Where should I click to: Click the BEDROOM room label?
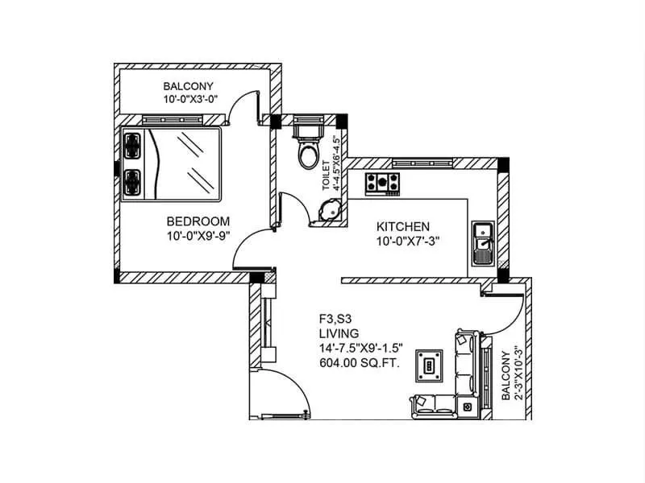198,221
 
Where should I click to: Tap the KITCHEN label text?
402,226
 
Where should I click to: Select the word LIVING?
338,332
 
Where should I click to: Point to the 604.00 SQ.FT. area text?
360,363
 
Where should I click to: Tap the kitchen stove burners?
383,183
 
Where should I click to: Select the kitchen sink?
483,244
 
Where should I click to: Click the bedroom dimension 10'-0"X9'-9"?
198,237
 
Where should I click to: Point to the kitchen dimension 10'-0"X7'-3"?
407,242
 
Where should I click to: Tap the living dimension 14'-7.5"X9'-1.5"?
360,348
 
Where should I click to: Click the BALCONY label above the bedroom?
189,86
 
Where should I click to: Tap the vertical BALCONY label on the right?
506,376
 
